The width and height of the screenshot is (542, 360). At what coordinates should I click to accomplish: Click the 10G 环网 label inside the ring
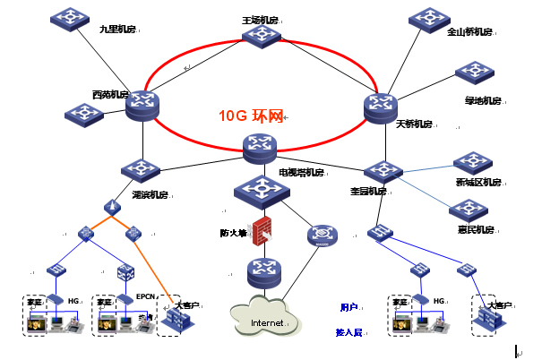pyautogui.click(x=251, y=116)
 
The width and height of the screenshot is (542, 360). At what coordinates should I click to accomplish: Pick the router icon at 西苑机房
pyautogui.click(x=142, y=105)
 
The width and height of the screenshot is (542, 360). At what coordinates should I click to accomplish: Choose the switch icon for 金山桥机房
pyautogui.click(x=427, y=18)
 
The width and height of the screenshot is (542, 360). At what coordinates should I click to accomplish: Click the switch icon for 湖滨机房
pyautogui.click(x=140, y=170)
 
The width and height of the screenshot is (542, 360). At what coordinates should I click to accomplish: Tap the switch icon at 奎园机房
pyautogui.click(x=383, y=170)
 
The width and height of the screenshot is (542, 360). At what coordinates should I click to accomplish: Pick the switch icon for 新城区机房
pyautogui.click(x=472, y=163)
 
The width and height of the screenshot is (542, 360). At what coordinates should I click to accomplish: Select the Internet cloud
pyautogui.click(x=265, y=320)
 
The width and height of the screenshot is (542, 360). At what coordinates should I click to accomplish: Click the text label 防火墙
pyautogui.click(x=234, y=233)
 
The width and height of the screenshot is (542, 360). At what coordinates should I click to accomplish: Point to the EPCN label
pyautogui.click(x=147, y=296)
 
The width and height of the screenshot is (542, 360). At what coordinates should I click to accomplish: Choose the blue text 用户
pyautogui.click(x=349, y=307)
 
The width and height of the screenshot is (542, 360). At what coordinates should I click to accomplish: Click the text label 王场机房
pyautogui.click(x=261, y=17)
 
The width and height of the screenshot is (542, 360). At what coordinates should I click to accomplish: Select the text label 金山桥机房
pyautogui.click(x=470, y=32)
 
